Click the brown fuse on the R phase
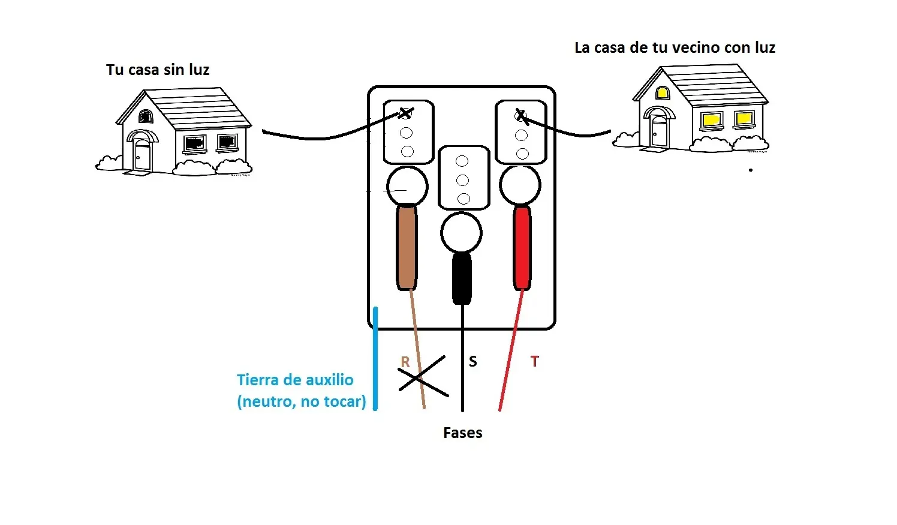point(407,247)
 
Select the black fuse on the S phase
point(462,278)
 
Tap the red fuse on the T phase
point(522,248)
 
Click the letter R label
point(405,362)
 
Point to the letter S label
point(473,361)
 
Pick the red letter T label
point(535,361)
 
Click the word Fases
point(462,433)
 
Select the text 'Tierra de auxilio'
point(295,380)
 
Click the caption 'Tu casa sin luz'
point(158,70)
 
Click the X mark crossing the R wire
point(423,376)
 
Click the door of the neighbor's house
point(659,132)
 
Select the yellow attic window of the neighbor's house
point(662,93)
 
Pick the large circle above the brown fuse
point(407,187)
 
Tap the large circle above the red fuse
point(520,185)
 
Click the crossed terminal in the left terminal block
point(406,113)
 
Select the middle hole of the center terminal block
point(462,180)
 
